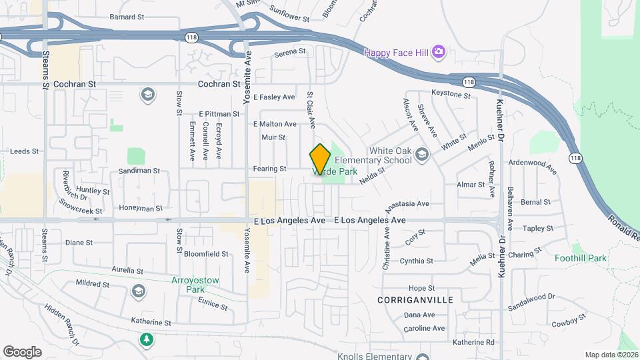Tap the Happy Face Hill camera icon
(438, 51)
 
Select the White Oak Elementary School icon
(421, 155)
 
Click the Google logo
(22, 351)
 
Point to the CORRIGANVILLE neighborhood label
(415, 300)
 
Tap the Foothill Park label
(580, 258)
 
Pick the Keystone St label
(451, 95)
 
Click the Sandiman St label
(139, 171)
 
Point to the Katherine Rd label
(473, 342)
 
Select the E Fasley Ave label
(274, 97)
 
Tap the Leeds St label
(25, 151)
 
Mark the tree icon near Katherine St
(146, 340)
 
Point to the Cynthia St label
(416, 261)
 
